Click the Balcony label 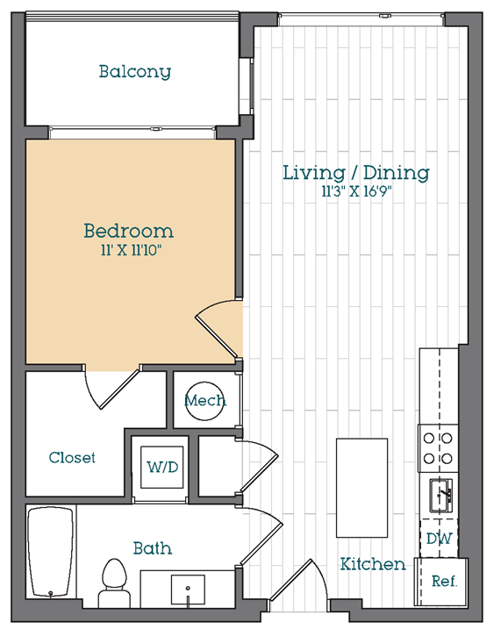coord(134,71)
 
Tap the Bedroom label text coord(128,232)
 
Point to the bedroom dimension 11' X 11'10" coord(128,252)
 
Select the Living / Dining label coord(355,172)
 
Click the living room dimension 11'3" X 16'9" coord(355,192)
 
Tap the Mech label coord(204,401)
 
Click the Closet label coord(72,457)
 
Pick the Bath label coord(152,548)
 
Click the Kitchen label coord(373,563)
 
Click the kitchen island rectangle coord(362,488)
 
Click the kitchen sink coord(439,496)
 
